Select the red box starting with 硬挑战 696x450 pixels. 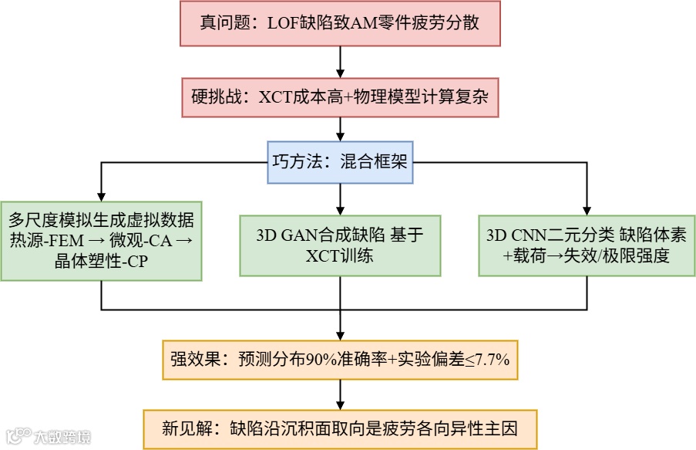pyautogui.click(x=340, y=97)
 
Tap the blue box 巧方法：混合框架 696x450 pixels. pyautogui.click(x=340, y=162)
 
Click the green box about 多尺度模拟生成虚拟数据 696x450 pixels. pyautogui.click(x=102, y=238)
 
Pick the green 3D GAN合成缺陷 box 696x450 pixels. pyautogui.click(x=340, y=245)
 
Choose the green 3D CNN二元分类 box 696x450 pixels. pyautogui.click(x=587, y=245)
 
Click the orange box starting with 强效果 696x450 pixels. pyautogui.click(x=340, y=359)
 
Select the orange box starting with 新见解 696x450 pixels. pyautogui.click(x=340, y=428)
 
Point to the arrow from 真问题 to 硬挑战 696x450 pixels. pyautogui.click(x=340, y=60)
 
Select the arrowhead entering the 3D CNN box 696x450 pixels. pyautogui.click(x=587, y=208)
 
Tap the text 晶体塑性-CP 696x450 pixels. pyautogui.click(x=102, y=262)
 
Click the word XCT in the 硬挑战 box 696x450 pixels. pyautogui.click(x=274, y=97)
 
